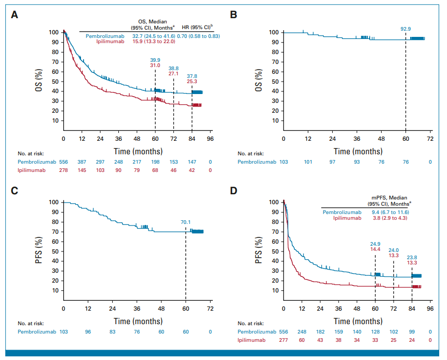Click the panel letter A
coord(16,15)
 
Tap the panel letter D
coord(234,191)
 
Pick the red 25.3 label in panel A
coord(192,82)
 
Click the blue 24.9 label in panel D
coord(375,243)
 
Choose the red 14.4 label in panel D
coord(375,249)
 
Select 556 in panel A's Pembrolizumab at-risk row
coord(63,163)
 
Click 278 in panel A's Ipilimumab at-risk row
coord(63,171)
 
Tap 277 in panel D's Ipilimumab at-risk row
coord(283,340)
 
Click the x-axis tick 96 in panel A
coord(210,139)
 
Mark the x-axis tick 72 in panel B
coord(430,139)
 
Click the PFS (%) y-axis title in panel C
coord(38,246)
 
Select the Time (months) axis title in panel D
coord(357,321)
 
